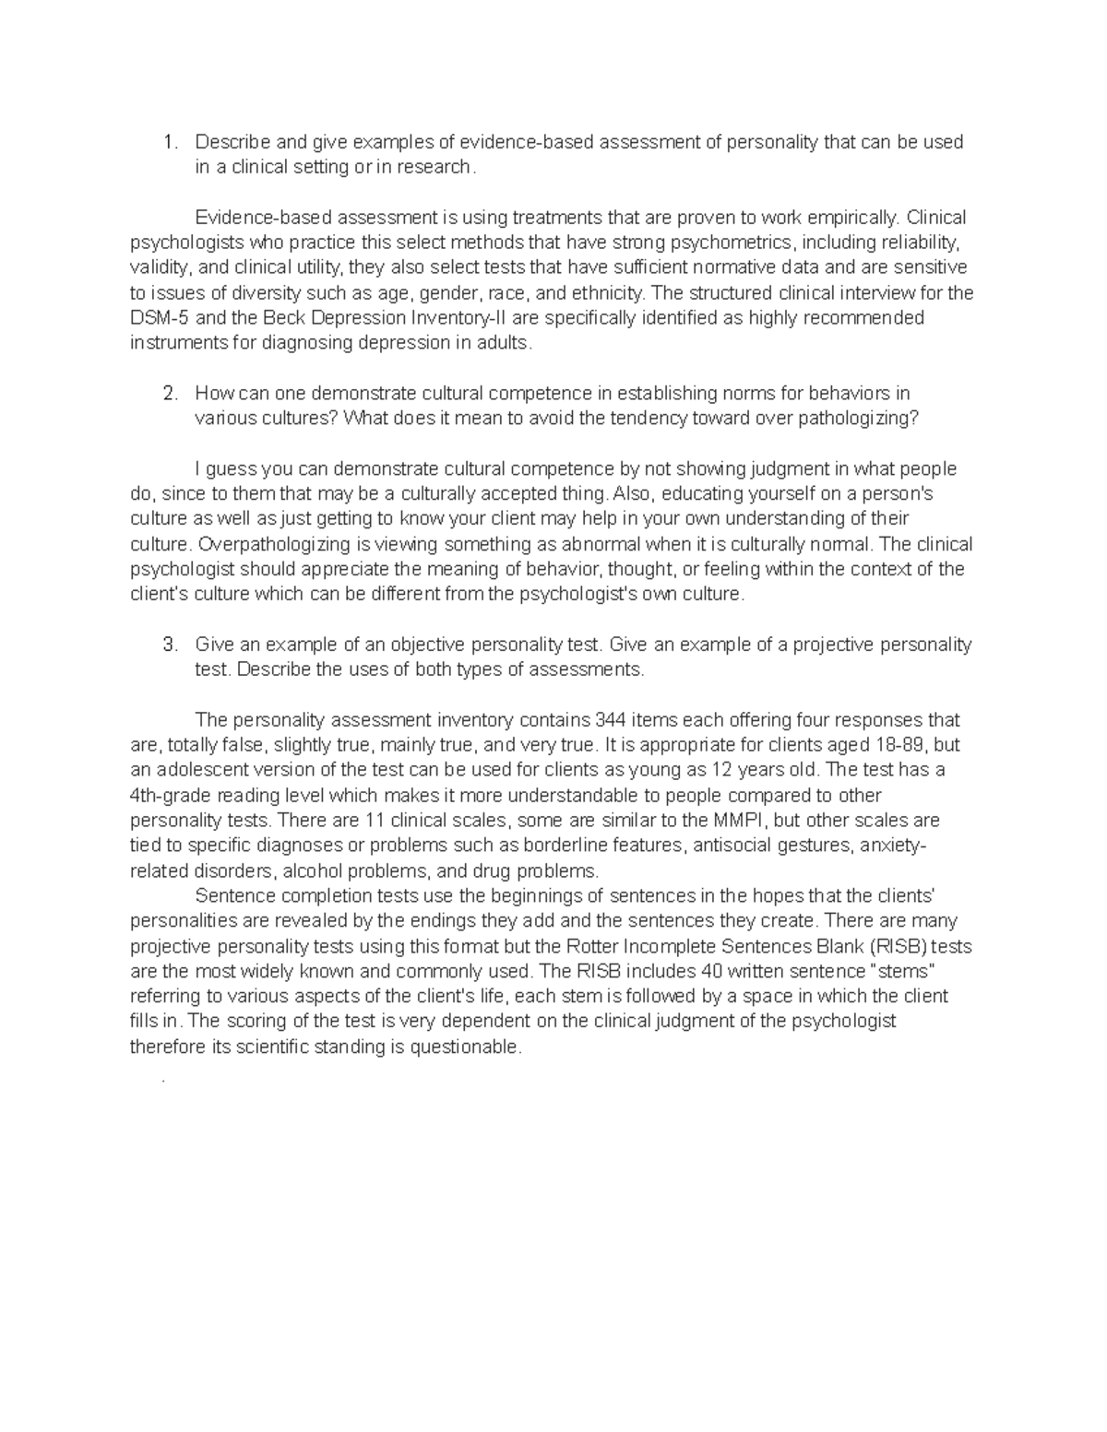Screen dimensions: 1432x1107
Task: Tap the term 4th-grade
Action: tap(175, 796)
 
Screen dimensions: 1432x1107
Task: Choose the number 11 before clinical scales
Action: tap(375, 821)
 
